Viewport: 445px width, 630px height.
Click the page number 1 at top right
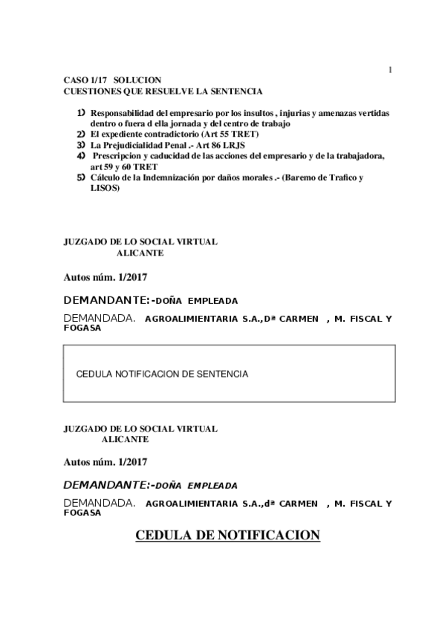click(x=390, y=70)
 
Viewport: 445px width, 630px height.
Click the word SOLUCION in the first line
click(x=137, y=80)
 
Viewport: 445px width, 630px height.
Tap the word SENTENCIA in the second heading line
click(x=239, y=91)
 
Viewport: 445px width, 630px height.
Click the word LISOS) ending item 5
click(x=104, y=188)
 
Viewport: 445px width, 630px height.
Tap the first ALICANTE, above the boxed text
click(x=140, y=253)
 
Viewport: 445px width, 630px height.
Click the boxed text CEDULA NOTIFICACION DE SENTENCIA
click(x=162, y=374)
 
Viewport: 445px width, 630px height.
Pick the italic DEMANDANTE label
click(x=105, y=486)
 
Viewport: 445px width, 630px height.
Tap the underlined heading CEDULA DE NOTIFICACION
click(x=227, y=536)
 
